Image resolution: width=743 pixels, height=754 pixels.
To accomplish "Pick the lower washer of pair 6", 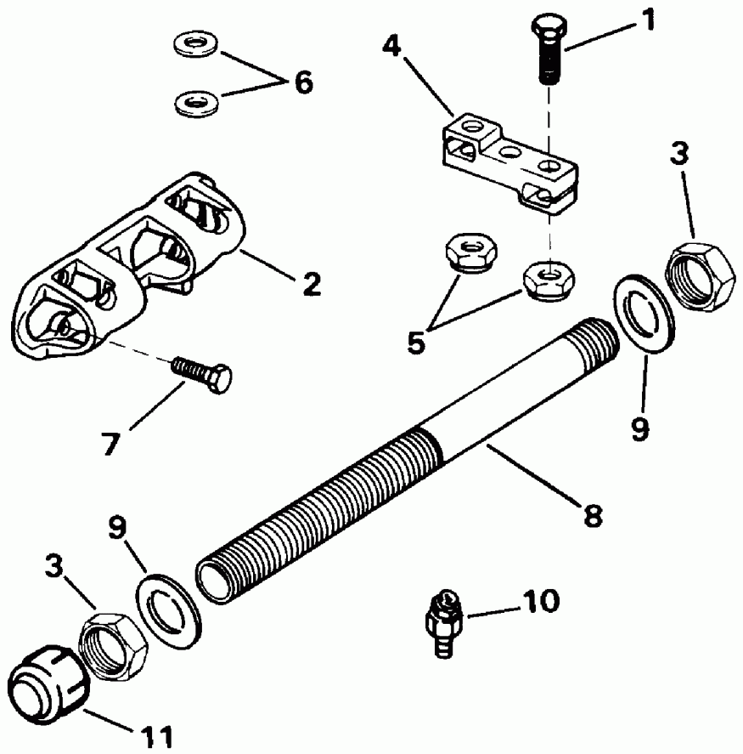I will pos(194,104).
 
